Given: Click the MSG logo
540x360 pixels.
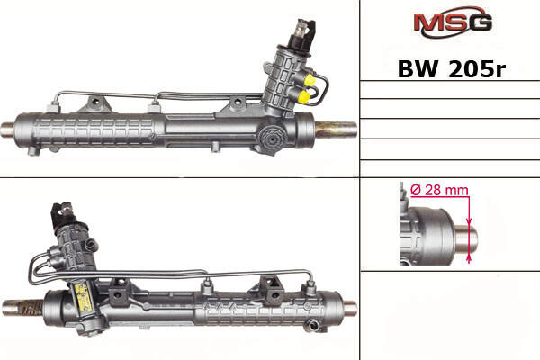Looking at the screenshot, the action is coord(453,22).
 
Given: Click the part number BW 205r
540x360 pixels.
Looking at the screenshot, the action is coord(452,69).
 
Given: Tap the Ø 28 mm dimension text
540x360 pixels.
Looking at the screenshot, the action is coord(440,190).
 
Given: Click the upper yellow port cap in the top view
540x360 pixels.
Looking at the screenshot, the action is coord(310,80).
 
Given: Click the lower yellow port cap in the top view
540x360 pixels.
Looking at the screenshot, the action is coord(304,96).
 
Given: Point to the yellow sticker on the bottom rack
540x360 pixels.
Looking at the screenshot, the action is coord(84,295).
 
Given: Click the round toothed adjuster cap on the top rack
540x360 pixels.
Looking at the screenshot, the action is coord(274,139).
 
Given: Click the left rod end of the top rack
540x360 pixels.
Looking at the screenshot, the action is coord(7,130).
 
